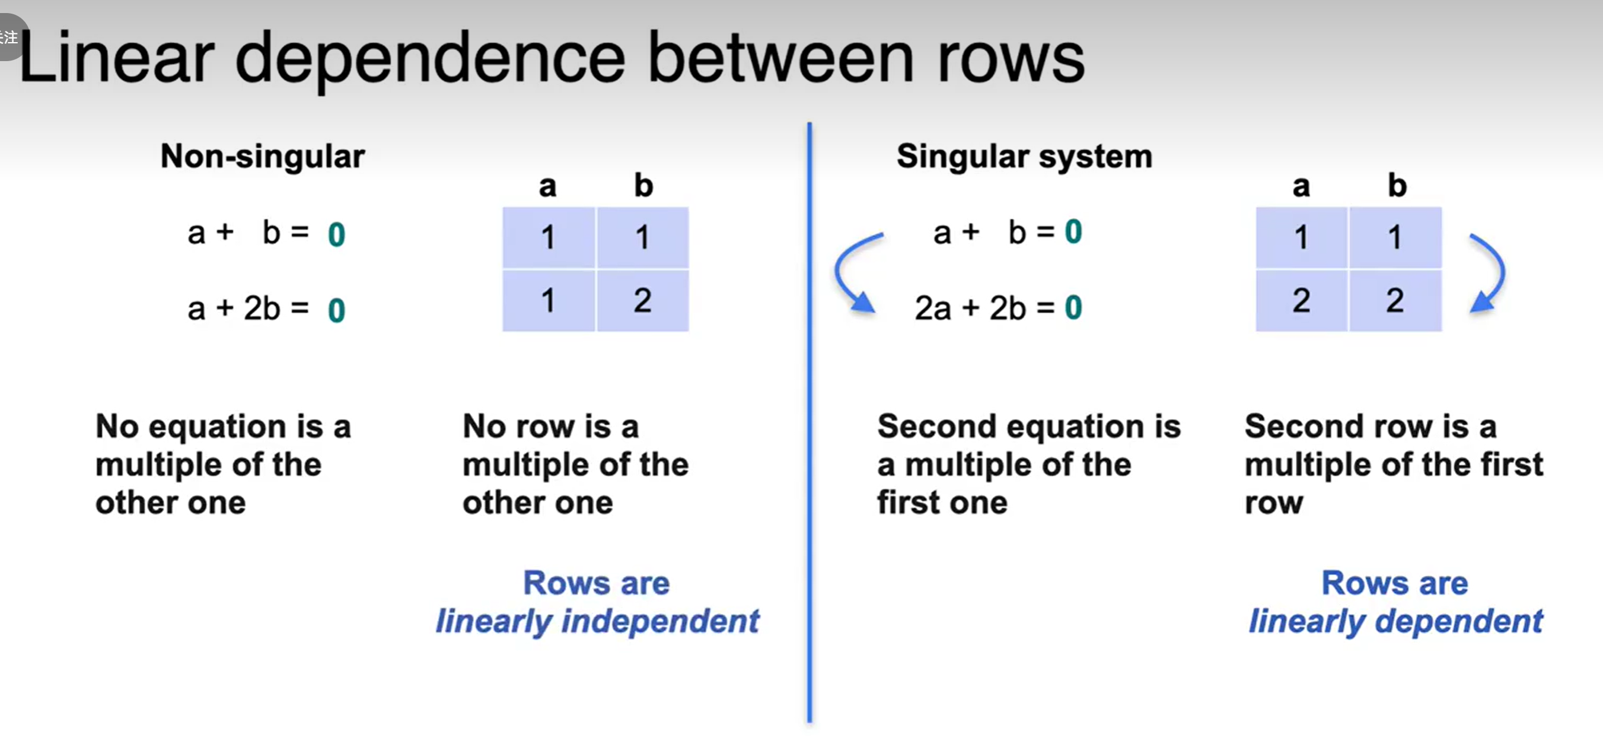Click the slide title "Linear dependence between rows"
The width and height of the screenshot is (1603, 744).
coord(552,59)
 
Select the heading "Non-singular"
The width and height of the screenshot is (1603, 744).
coord(262,156)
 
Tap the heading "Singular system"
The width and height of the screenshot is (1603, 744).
coord(1024,156)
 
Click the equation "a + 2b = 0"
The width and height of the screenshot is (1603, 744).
coord(266,309)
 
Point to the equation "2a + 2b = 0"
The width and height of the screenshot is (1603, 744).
coord(998,307)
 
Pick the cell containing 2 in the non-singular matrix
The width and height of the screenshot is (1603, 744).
coord(643,301)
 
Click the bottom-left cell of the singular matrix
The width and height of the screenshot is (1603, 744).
coord(1301,301)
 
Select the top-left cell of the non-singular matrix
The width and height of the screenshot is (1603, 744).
coord(548,237)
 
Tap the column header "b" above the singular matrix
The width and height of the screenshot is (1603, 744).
coord(1397,186)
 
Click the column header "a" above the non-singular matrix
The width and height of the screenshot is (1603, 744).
coord(547,186)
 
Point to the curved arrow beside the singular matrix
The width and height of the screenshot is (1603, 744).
coord(1490,273)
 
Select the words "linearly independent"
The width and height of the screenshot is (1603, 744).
coord(597,621)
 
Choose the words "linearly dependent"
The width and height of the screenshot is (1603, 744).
coord(1395,621)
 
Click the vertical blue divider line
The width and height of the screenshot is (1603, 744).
coord(810,424)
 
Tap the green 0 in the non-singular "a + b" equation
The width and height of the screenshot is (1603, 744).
coord(336,235)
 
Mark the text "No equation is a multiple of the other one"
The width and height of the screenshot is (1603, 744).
coord(223,465)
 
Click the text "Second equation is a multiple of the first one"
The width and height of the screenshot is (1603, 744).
coord(1028,465)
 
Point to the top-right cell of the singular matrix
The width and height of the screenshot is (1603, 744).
coord(1395,237)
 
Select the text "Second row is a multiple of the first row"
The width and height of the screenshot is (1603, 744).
coord(1392,465)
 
